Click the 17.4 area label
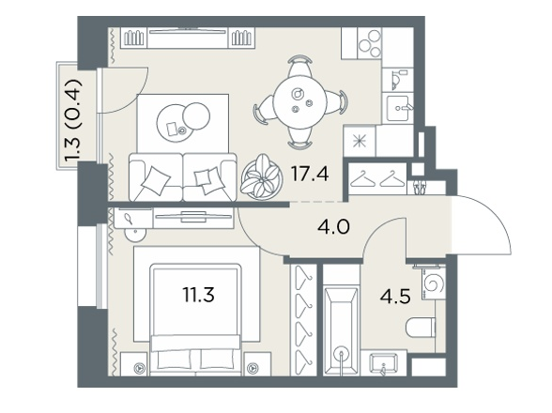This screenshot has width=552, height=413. [310, 174]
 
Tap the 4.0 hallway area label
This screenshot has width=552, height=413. [333, 227]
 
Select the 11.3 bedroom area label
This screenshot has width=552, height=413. [199, 295]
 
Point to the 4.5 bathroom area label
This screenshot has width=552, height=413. [395, 297]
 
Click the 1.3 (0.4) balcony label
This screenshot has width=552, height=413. [74, 121]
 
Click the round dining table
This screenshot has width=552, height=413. [300, 103]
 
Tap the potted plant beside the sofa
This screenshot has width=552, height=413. [262, 177]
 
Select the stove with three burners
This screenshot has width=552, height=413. [369, 43]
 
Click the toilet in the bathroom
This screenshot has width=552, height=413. [421, 327]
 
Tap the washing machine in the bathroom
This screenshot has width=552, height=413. [434, 283]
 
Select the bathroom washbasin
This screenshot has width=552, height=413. [383, 363]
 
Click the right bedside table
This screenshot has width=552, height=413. [257, 364]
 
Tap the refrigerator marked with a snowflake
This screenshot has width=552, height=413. [360, 141]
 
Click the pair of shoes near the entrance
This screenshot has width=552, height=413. [419, 186]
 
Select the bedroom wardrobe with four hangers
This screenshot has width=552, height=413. [304, 320]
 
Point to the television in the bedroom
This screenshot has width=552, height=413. [193, 216]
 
